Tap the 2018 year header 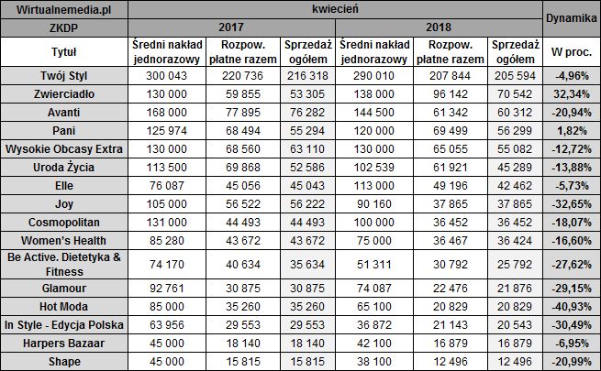tap(439, 27)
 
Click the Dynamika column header tap(571, 17)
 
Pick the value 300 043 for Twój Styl tap(168, 76)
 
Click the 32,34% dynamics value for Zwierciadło tap(571, 94)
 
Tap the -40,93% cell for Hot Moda tap(571, 307)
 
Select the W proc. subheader tap(571, 51)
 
